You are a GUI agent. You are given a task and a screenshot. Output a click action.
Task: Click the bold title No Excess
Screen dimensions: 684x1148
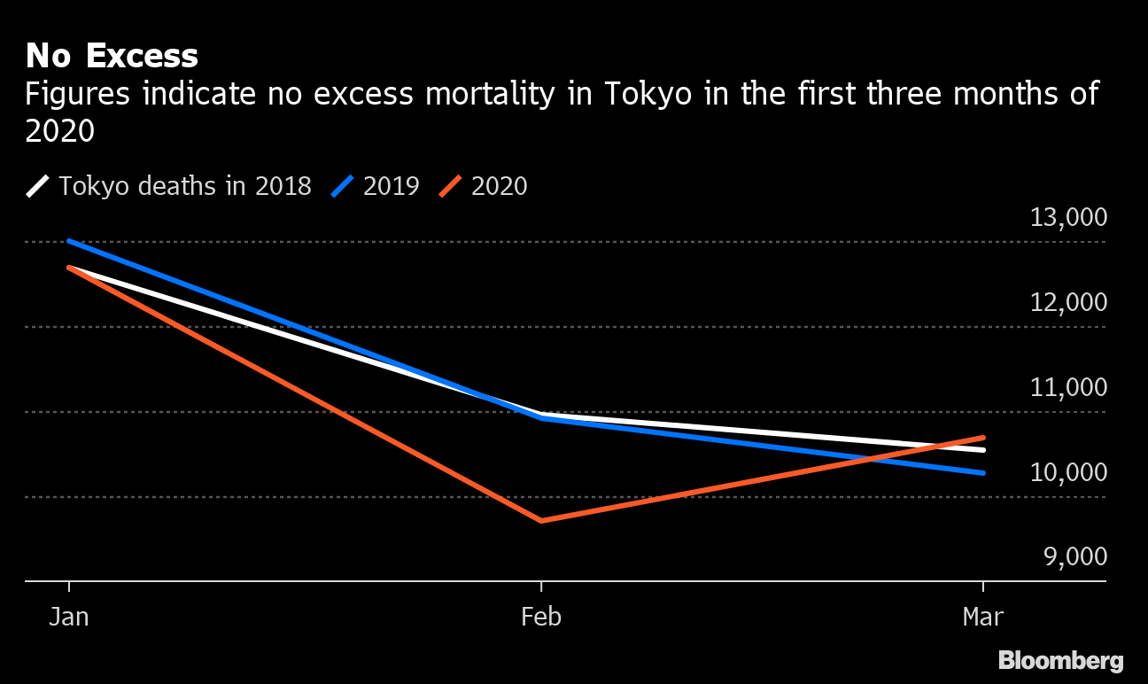[x=112, y=56]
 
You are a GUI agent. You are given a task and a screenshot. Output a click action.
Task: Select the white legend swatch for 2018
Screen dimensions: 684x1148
[x=38, y=186]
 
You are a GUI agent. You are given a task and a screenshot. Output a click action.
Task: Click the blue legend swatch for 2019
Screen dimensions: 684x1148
[x=343, y=186]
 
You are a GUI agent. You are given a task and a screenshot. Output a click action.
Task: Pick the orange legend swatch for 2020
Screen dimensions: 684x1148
[x=451, y=186]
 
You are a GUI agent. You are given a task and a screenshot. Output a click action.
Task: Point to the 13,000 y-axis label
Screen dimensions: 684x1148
[x=1068, y=218]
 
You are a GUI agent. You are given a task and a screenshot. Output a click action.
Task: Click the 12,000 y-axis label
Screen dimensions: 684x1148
[x=1068, y=303]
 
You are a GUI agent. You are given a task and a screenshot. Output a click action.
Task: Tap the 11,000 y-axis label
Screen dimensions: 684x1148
[x=1068, y=388]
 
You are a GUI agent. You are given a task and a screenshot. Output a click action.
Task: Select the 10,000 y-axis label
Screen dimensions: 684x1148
[x=1068, y=473]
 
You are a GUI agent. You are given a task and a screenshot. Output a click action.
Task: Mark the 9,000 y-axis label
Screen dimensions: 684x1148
[x=1074, y=558]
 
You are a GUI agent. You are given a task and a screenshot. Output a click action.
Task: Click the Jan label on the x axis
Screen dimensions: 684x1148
[x=69, y=617]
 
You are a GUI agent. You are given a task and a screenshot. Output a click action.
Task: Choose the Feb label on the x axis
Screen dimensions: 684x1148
[x=541, y=617]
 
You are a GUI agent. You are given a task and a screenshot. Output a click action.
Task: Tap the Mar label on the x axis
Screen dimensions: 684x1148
[x=983, y=617]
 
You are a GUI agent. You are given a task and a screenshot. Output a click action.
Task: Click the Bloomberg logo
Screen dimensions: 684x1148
[x=1061, y=661]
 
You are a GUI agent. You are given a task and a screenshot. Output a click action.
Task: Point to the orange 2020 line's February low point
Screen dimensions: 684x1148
[x=541, y=520]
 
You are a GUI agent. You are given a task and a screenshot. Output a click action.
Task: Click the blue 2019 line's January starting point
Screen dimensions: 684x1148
[x=69, y=241]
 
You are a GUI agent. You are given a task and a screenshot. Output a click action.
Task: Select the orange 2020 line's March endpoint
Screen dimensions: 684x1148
[x=983, y=438]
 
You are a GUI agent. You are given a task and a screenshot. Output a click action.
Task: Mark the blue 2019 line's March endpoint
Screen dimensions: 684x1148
[x=983, y=472]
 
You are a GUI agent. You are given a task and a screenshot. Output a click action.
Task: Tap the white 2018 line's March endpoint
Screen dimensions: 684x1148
[x=983, y=450]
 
